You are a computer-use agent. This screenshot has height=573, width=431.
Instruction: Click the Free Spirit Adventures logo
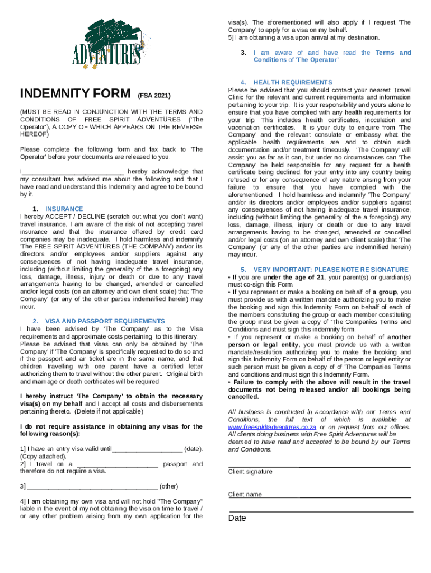pos(106,43)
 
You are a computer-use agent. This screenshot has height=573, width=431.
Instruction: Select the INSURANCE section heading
pos(64,209)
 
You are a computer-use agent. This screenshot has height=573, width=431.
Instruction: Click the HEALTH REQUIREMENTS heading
pos(293,82)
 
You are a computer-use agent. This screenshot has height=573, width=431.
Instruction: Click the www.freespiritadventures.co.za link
pos(269,427)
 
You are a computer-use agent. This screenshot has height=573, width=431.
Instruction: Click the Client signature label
pos(250,472)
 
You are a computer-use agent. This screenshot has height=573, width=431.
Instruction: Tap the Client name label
pos(245,495)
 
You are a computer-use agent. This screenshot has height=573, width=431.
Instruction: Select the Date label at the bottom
pos(237,518)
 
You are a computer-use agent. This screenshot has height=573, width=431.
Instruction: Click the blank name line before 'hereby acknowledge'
pos(73,172)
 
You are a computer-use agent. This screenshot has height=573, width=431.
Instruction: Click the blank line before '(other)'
pos(92,486)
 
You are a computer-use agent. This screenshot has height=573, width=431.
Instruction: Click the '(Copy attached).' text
pos(43,457)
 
